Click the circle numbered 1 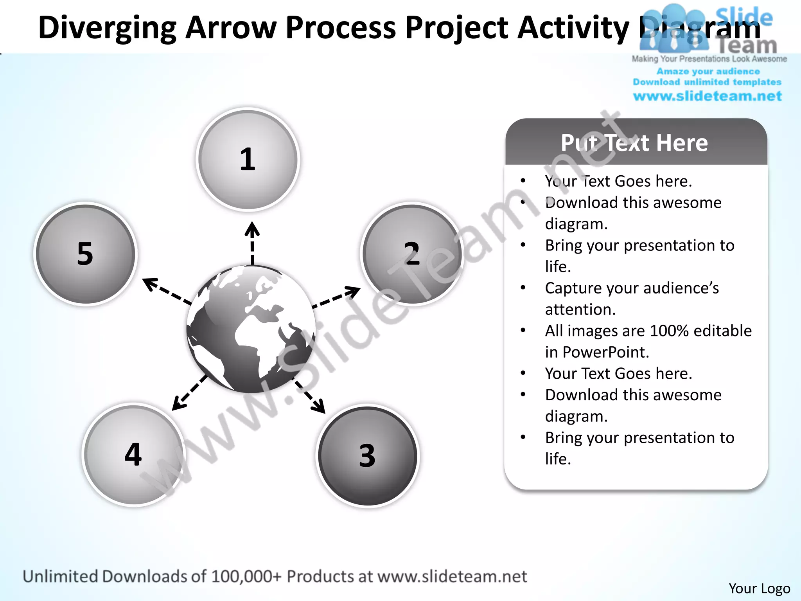coord(248,160)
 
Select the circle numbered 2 coord(412,254)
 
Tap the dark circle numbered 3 coord(367,456)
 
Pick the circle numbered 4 coord(133,455)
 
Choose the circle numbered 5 coord(85,254)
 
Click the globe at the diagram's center coord(251,329)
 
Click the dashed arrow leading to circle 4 coord(190,393)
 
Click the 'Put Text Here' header coord(634,143)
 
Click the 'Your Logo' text coord(759,588)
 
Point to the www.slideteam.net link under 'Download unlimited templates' coord(707,96)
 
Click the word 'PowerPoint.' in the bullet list coord(605,352)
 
